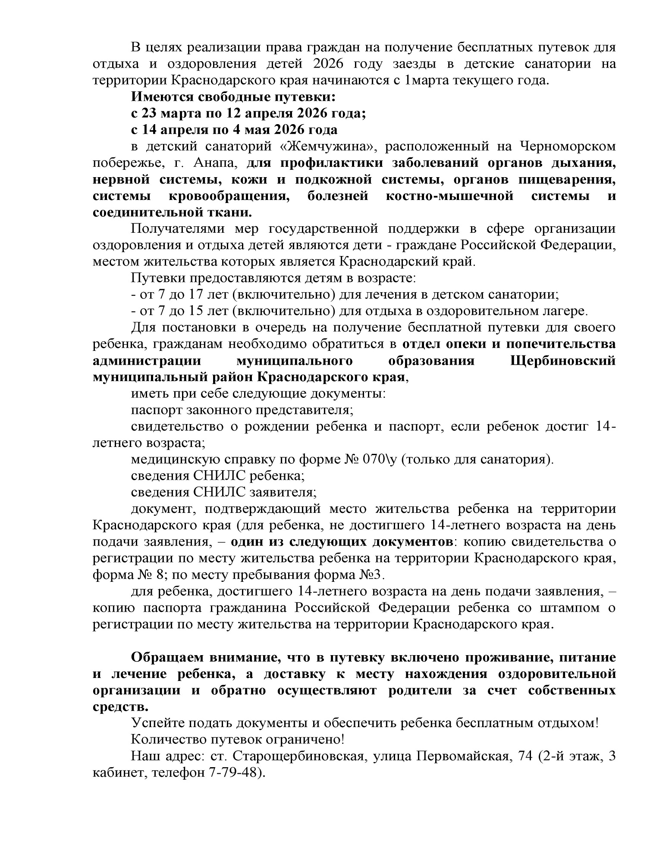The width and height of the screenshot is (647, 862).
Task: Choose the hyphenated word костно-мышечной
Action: click(x=450, y=196)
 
